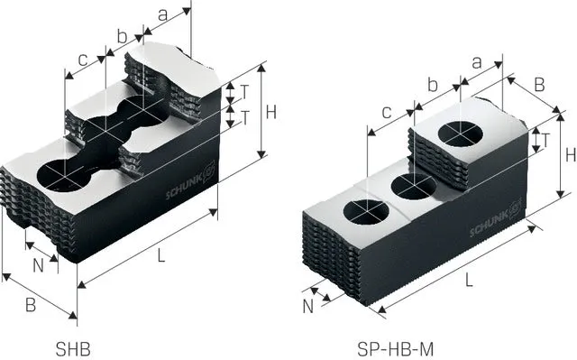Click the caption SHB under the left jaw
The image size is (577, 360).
click(x=73, y=348)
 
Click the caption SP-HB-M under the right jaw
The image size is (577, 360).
click(x=396, y=348)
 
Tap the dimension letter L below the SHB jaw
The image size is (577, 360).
click(x=161, y=255)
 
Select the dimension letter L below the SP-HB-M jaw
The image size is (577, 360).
click(x=469, y=281)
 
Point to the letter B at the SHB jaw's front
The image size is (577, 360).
click(x=31, y=305)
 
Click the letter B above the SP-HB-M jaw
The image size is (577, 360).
click(x=539, y=85)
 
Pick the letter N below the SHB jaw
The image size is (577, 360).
click(x=39, y=265)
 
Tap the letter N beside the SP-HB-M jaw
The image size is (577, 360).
click(x=308, y=307)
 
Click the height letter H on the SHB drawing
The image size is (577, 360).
click(x=271, y=112)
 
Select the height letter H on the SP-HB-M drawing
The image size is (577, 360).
click(x=571, y=155)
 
